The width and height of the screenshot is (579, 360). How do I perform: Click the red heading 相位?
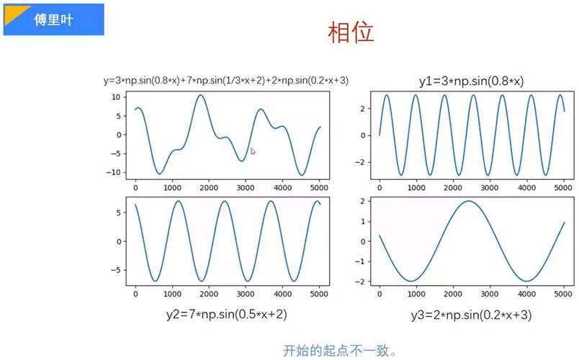point(351,32)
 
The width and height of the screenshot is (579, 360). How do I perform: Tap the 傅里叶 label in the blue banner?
point(56,20)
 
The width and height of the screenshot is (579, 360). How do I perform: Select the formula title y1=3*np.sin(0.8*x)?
point(471,81)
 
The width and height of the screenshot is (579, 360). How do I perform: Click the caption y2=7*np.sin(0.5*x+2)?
point(228,315)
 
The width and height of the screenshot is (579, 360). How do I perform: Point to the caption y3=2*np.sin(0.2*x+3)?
point(472,315)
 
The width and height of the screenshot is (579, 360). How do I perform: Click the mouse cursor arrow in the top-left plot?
point(253,151)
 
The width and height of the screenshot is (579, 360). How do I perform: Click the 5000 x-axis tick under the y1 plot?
point(562,188)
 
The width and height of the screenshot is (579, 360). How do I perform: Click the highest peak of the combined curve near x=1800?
point(200,95)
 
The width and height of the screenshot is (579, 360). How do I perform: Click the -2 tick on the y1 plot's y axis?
point(365,162)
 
